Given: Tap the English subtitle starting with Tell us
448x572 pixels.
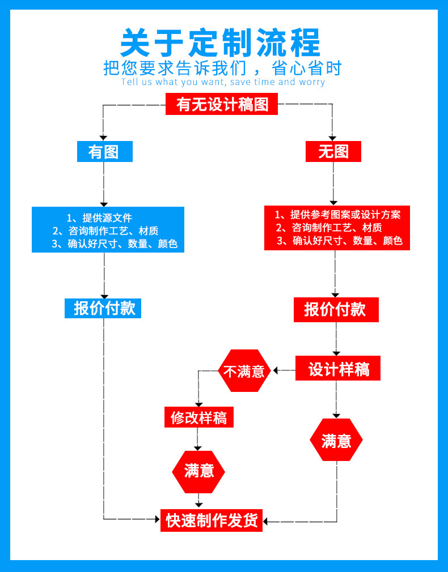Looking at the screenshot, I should [223, 82].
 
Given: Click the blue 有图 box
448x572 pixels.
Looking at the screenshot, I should [104, 152].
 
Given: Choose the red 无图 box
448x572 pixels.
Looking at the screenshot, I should [333, 152].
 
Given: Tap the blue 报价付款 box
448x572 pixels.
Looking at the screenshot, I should [104, 308].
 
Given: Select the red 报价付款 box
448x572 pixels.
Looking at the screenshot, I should [336, 310].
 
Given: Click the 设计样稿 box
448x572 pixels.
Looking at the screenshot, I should [338, 370].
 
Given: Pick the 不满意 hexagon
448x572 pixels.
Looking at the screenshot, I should [244, 371].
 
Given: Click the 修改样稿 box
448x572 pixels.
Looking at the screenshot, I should [198, 418].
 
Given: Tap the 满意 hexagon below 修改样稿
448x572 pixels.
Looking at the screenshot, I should [198, 471].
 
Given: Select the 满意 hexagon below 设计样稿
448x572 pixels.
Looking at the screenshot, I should [336, 441].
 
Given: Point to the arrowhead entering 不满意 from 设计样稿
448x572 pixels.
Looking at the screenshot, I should [276, 371].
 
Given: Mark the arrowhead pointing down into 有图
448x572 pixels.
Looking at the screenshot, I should [104, 138].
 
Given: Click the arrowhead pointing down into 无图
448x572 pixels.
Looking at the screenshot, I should [333, 138].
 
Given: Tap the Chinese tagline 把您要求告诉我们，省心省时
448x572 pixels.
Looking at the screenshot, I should [223, 68].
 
